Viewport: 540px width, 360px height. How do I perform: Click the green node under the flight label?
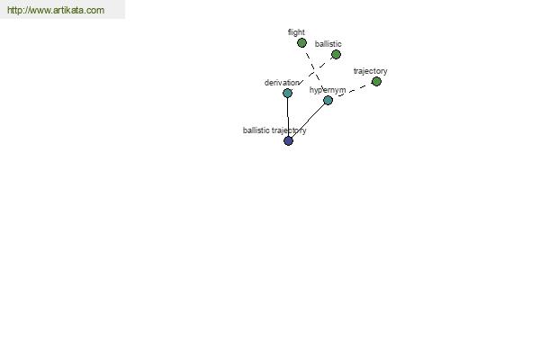[x=301, y=43]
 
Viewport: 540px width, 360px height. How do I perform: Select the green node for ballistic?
[x=336, y=54]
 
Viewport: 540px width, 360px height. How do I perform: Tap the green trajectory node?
[x=376, y=82]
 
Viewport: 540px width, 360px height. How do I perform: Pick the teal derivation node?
[x=287, y=93]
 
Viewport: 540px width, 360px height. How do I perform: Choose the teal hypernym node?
[x=328, y=100]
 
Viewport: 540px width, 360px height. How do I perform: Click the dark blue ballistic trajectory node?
[x=288, y=140]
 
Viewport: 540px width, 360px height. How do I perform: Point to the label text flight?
[x=296, y=32]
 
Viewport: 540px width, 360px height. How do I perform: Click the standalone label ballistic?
[x=328, y=44]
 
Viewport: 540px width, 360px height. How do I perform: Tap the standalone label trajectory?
[x=370, y=71]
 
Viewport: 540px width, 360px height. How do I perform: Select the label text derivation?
[x=282, y=83]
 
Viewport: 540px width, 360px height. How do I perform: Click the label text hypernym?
[x=328, y=90]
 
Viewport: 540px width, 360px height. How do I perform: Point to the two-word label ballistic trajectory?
[x=274, y=130]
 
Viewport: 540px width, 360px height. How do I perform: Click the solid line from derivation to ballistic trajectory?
[x=288, y=117]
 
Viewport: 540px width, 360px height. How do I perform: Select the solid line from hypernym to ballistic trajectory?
[x=308, y=121]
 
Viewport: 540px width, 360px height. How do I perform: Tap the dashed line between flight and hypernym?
[x=315, y=72]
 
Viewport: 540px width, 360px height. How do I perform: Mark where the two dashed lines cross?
[x=314, y=72]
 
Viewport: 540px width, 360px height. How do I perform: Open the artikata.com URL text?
[x=56, y=10]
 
